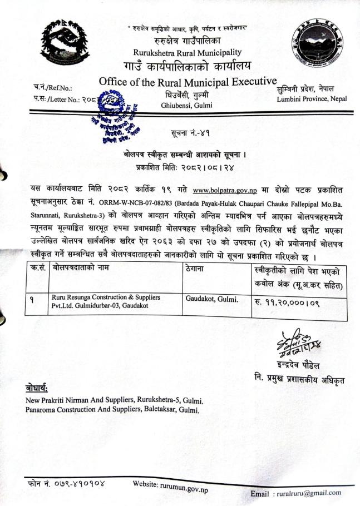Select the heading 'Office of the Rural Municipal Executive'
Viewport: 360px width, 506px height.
[188, 82]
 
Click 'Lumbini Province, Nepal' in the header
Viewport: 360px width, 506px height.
[313, 98]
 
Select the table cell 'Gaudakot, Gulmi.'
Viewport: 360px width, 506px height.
[210, 298]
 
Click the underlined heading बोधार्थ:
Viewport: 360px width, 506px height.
[37, 388]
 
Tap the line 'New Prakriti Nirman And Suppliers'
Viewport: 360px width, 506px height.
[115, 401]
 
